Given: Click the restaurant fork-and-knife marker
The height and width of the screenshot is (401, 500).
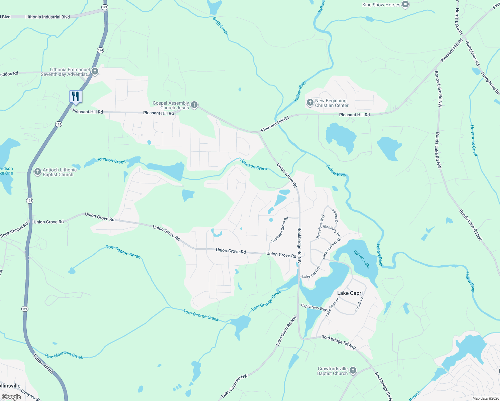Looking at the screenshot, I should point(76,96).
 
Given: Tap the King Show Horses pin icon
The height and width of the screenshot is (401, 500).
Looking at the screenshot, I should point(405,5).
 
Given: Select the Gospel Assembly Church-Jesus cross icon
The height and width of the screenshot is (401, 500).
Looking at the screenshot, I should point(194,105).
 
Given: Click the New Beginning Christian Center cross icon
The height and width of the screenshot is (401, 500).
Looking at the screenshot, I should point(310,103).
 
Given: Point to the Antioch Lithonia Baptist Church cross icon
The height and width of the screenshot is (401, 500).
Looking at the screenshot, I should point(37,172).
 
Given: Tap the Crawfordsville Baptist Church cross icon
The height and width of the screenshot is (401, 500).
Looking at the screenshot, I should point(353,371).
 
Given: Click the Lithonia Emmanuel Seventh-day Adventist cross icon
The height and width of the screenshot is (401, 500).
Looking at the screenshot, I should point(95,72).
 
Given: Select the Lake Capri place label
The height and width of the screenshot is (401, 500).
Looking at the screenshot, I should point(350,293).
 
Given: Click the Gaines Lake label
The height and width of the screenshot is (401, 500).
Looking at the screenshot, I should point(362,260).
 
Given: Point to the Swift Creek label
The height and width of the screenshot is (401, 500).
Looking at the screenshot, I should point(221,26).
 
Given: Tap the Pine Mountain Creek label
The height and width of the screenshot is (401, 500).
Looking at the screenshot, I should point(64,355).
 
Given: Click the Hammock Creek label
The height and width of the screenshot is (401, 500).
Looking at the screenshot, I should point(474,141).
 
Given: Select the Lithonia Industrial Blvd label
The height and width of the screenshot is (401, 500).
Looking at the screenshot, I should point(47,17).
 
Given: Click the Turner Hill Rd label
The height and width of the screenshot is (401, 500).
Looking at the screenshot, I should point(43,364).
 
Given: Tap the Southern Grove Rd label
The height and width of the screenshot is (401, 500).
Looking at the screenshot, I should point(279,230).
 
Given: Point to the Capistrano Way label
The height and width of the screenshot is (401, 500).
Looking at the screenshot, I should point(314,307).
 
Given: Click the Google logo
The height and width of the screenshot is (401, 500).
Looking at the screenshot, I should point(11,397).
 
